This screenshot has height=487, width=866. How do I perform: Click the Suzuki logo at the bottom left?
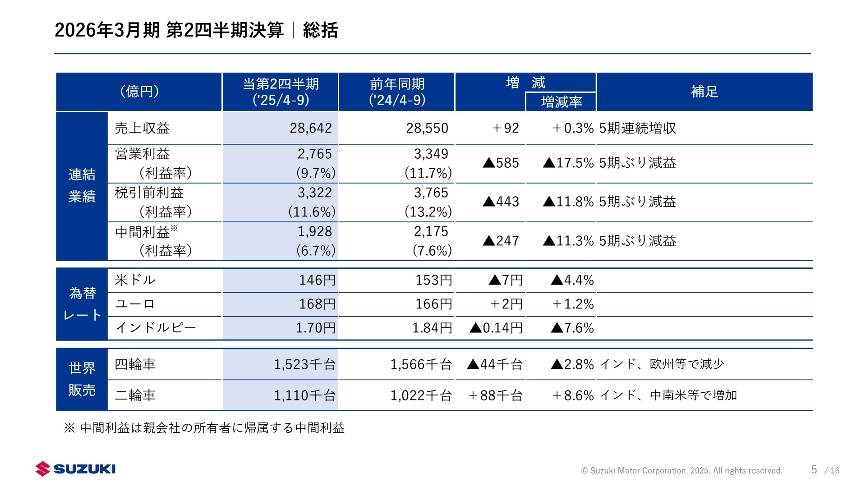point(76,469)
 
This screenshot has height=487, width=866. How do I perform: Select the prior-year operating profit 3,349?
point(431,154)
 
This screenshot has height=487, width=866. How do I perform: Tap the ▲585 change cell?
point(501,163)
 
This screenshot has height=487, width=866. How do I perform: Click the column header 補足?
point(704,92)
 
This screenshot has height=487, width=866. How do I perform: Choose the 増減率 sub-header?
point(561,102)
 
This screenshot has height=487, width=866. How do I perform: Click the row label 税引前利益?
point(149,193)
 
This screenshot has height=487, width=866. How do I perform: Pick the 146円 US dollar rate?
point(317,280)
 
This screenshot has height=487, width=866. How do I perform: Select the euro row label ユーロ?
point(135,304)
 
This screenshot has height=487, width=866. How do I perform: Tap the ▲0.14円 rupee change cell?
point(496,328)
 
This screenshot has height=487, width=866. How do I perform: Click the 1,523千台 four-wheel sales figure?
point(304,364)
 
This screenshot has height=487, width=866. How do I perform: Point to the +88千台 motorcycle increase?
point(495,395)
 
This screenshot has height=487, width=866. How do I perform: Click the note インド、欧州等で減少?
point(662,364)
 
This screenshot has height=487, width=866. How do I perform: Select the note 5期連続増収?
point(637,129)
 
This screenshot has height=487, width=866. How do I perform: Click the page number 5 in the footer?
point(814,470)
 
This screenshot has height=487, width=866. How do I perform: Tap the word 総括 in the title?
point(320,30)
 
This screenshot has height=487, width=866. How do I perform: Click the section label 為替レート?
point(82,304)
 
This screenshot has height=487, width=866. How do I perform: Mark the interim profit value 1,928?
point(314,232)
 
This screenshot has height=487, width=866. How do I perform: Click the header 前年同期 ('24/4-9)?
point(397,92)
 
